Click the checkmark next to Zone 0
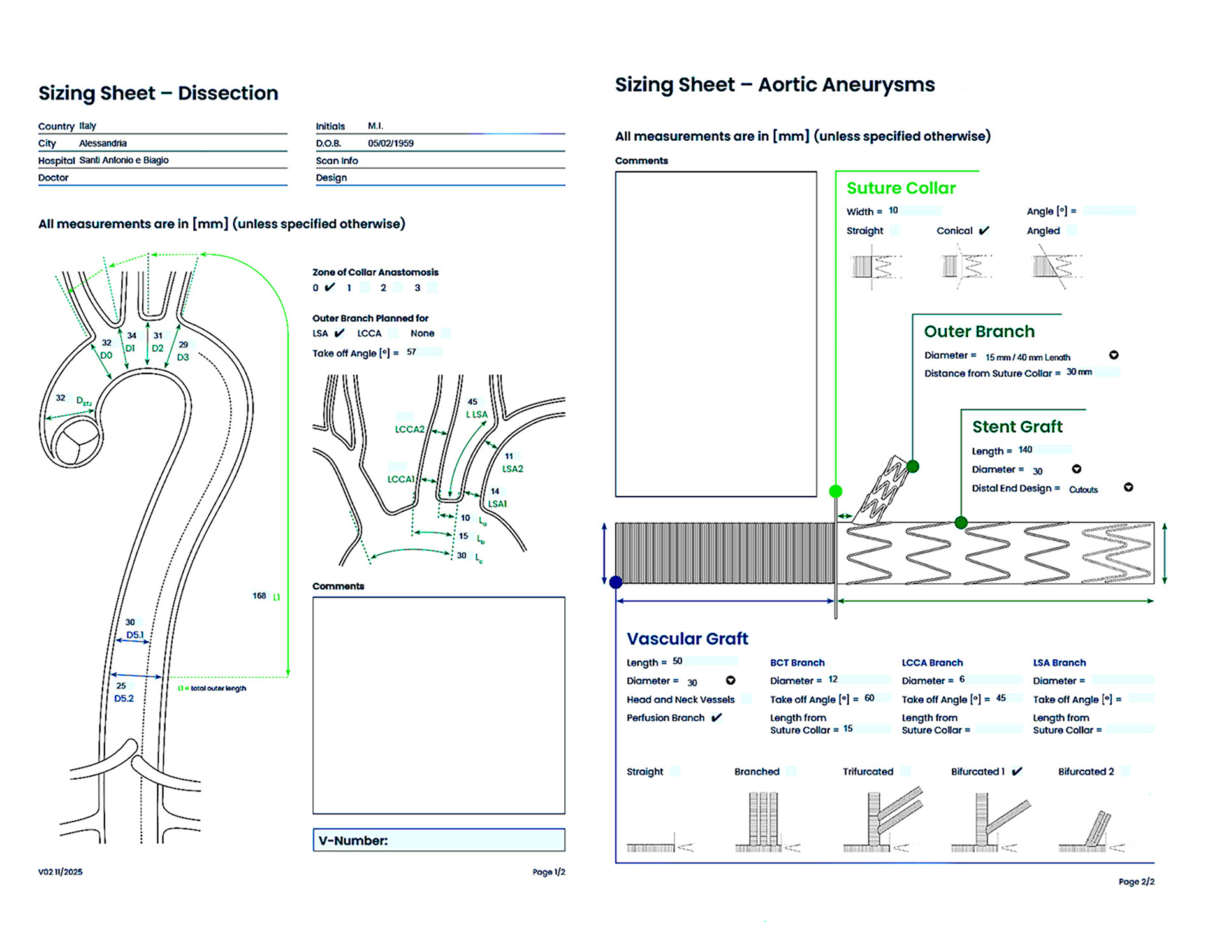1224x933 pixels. (330, 287)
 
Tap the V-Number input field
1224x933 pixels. (439, 840)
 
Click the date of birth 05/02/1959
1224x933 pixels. (391, 143)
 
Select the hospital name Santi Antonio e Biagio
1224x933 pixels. (124, 160)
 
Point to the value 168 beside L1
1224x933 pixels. (259, 596)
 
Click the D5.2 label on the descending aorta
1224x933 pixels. (124, 698)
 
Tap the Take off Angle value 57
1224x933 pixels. (411, 352)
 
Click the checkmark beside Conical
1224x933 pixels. (984, 230)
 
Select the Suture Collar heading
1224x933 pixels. (901, 188)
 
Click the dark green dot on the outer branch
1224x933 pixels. (913, 466)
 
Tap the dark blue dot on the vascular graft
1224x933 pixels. (616, 582)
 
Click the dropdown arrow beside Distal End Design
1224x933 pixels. (1128, 488)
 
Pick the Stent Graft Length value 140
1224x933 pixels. (1025, 450)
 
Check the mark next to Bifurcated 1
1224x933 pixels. (1017, 771)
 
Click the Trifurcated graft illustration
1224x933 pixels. (883, 820)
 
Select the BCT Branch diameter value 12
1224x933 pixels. (833, 679)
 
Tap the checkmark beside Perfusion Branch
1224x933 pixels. (717, 718)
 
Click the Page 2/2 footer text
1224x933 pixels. (1136, 881)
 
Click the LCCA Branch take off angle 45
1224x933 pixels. (1001, 698)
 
